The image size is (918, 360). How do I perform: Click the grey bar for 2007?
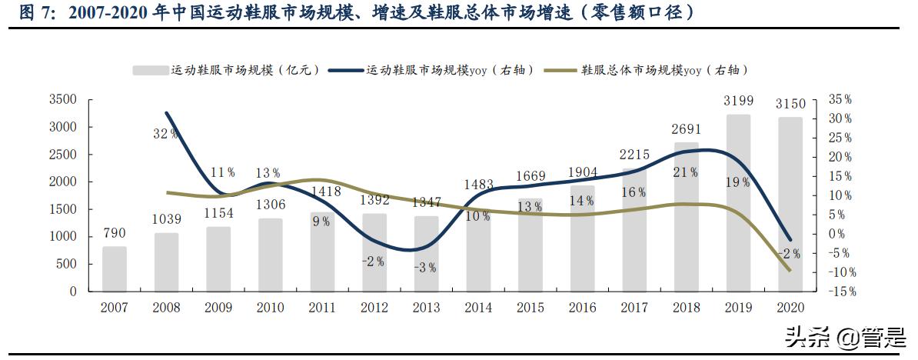coord(114,268)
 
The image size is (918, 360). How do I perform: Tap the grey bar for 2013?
coord(425,253)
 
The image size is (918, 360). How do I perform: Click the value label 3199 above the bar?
coord(738,101)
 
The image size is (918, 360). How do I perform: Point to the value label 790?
coord(114,233)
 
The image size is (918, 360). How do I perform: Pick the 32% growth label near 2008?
coord(165,133)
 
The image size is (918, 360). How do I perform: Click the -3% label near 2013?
coord(425,268)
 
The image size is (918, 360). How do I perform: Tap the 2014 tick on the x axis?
coord(477,308)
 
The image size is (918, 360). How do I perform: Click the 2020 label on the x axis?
coord(790,308)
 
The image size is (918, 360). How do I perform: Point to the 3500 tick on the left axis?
coord(62,100)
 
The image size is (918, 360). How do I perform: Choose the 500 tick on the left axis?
coord(67,264)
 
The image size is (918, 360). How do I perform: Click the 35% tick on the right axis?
coord(840,100)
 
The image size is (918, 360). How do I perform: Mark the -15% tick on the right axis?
coord(840,292)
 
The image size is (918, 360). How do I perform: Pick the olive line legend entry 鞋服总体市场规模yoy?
coord(646,70)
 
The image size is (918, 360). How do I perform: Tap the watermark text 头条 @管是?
coord(845,336)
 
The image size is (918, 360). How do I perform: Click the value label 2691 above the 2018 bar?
coord(686,128)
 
